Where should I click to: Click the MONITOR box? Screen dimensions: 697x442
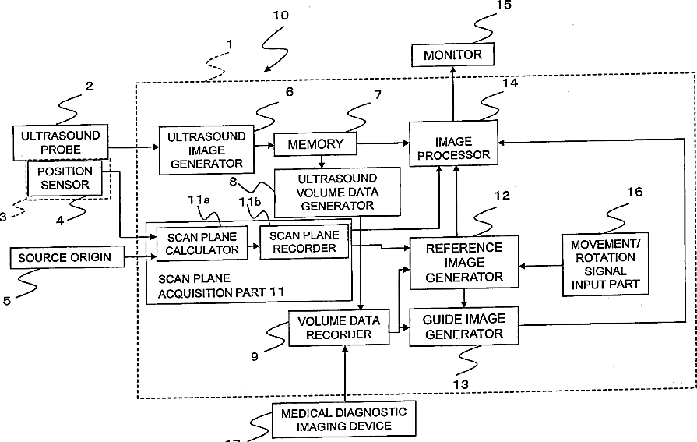coord(452,55)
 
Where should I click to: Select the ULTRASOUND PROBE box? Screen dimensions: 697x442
coord(61,142)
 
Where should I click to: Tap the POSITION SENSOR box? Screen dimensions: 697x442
coord(65,178)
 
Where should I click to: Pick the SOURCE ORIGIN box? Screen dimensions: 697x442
coord(67,257)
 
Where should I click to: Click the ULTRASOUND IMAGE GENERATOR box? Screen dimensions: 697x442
coord(206,150)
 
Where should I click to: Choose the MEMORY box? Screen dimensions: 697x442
coord(315,144)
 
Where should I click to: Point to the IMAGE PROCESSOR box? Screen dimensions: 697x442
coord(453,143)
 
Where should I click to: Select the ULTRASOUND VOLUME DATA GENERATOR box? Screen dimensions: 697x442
coord(337,192)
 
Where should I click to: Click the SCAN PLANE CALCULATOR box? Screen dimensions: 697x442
coord(202,244)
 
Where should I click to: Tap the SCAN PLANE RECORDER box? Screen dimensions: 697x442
coord(304,242)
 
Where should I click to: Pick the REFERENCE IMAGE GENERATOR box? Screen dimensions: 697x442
coord(464,262)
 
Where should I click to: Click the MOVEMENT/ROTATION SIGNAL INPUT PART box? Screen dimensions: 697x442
coord(605,264)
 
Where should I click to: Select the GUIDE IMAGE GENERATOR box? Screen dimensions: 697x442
coord(464,327)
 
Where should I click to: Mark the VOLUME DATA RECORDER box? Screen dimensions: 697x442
coord(339,327)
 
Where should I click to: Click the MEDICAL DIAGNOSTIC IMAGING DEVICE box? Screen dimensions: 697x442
coord(343,419)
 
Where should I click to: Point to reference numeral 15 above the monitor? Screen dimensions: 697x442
coord(504,5)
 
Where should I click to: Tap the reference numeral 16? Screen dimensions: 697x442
coord(635,192)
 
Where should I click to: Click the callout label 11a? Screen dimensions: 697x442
coord(199,200)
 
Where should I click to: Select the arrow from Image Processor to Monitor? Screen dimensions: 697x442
coord(453,94)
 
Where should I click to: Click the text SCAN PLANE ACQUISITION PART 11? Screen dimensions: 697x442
coord(221,286)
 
